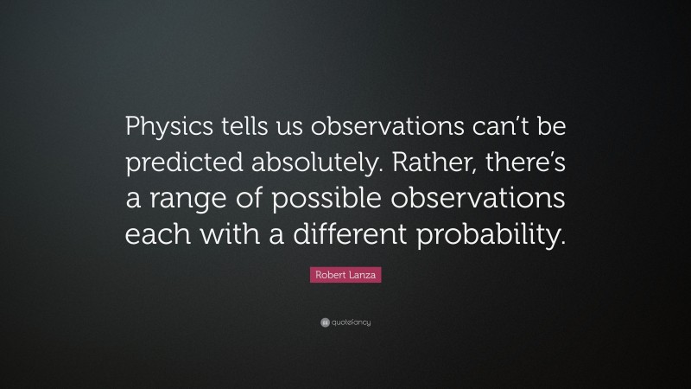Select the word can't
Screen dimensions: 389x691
tap(485, 129)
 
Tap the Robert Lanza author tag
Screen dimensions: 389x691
tap(345, 275)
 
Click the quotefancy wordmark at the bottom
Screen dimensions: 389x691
tap(351, 322)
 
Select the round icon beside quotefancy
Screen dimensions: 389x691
tap(324, 322)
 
